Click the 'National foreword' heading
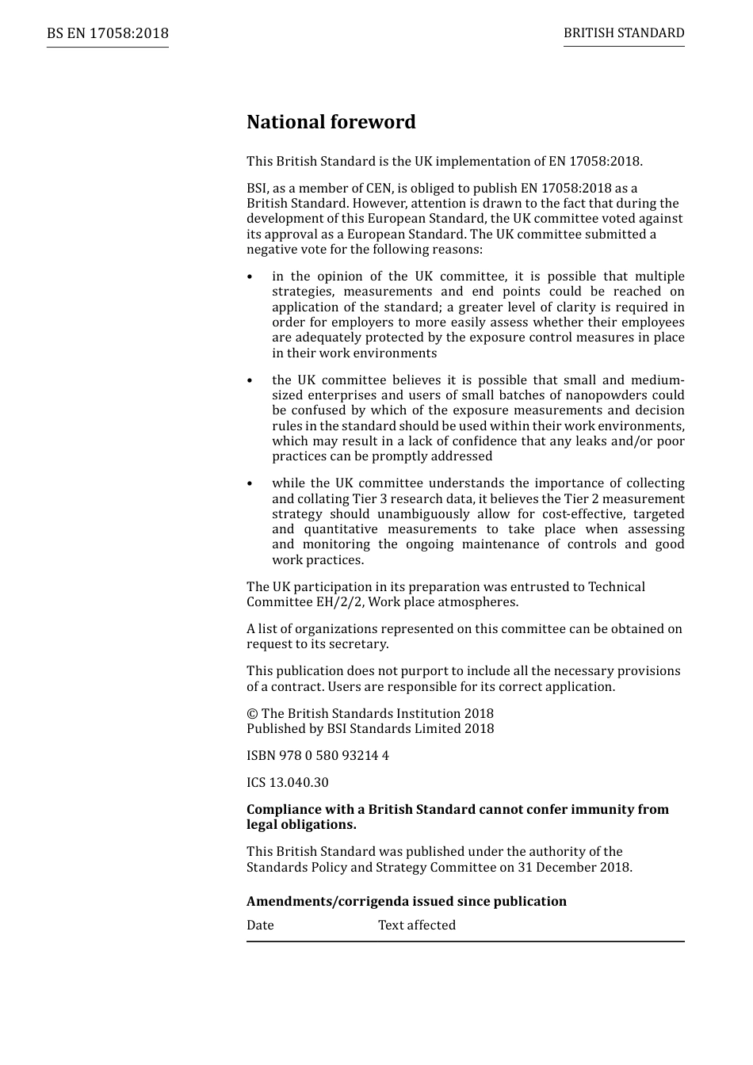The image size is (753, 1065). (331, 122)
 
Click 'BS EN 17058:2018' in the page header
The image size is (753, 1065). (107, 33)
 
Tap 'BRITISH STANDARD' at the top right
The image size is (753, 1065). (624, 33)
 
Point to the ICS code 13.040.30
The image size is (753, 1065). (299, 783)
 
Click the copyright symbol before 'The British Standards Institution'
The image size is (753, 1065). (251, 714)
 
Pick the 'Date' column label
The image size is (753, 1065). (260, 926)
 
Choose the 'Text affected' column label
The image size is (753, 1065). (417, 926)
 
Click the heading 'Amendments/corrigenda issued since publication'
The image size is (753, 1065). (406, 902)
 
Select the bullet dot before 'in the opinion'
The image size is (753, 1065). (250, 277)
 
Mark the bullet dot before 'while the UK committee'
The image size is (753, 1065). (250, 484)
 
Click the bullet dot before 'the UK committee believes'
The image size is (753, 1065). (250, 381)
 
